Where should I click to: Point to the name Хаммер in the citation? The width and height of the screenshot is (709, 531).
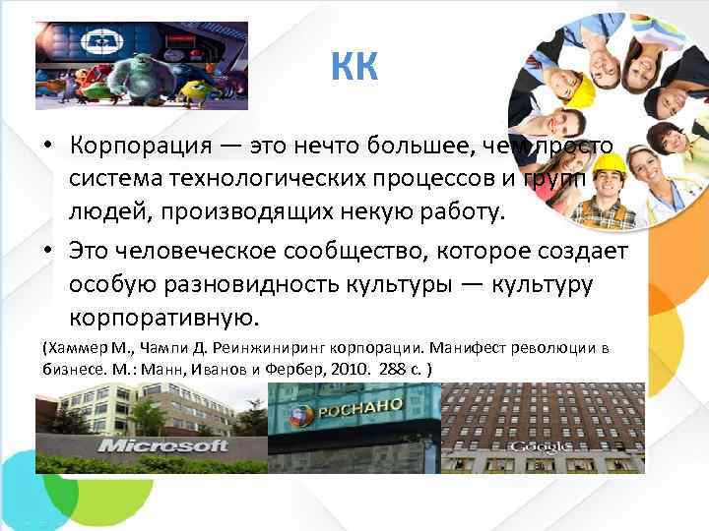coord(78,348)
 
